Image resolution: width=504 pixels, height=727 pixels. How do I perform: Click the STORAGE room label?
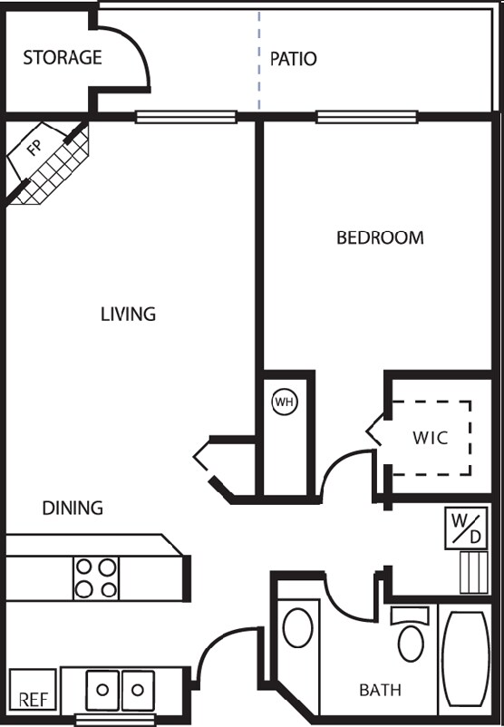pyautogui.click(x=62, y=58)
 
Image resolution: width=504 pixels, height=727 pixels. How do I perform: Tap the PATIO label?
pyautogui.click(x=294, y=59)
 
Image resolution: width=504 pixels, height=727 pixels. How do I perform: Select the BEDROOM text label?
pyautogui.click(x=380, y=238)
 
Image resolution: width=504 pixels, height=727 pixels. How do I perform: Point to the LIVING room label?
pyautogui.click(x=128, y=315)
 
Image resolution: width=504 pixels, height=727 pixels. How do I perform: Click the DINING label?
pyautogui.click(x=73, y=508)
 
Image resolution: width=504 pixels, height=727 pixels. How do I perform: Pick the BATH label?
pyautogui.click(x=380, y=691)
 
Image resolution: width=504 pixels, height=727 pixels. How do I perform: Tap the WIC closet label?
pyautogui.click(x=431, y=437)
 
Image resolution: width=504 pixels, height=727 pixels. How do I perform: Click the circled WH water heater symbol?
pyautogui.click(x=285, y=401)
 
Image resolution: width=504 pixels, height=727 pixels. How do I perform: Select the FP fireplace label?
pyautogui.click(x=34, y=150)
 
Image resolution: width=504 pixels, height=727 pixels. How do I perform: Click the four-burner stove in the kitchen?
pyautogui.click(x=96, y=577)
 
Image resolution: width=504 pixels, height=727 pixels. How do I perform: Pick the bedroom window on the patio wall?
pyautogui.click(x=366, y=116)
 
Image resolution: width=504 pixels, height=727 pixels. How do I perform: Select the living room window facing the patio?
pyautogui.click(x=186, y=116)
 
